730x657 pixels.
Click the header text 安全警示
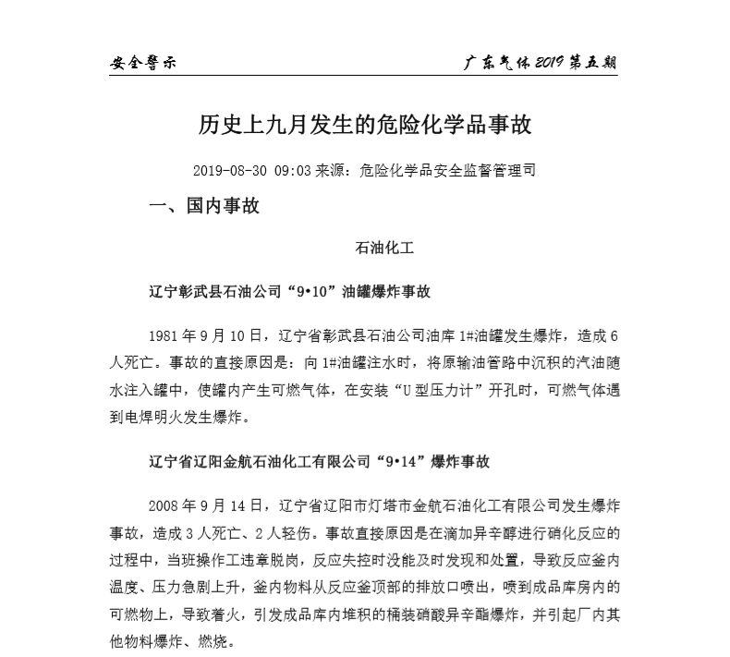click(x=143, y=64)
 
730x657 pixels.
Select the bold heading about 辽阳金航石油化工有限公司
click(x=319, y=461)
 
